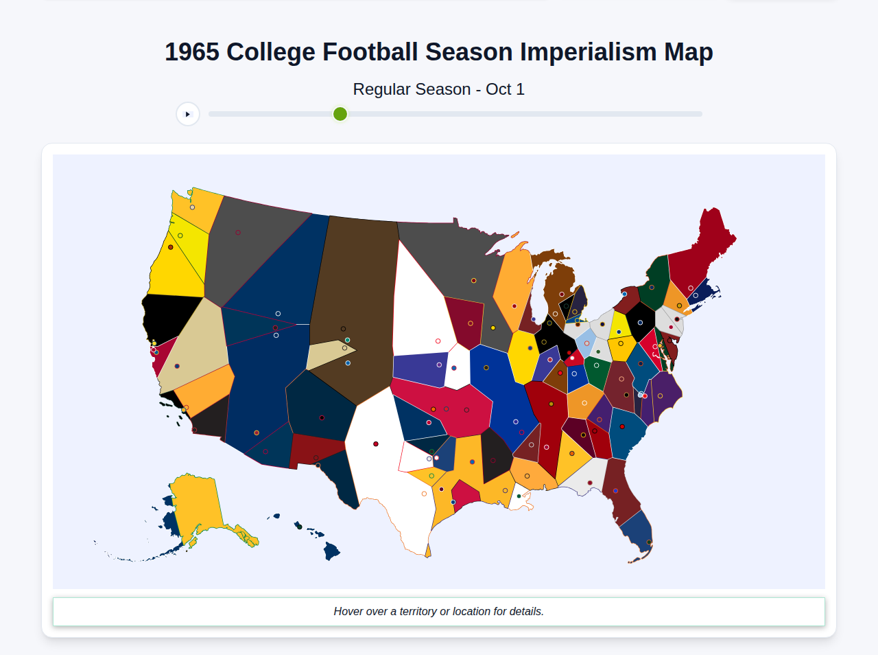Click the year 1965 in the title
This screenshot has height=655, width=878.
[x=192, y=52]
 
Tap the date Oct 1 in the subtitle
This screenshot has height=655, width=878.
[x=505, y=89]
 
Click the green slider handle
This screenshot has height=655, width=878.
[x=340, y=114]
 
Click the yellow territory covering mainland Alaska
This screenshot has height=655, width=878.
[x=195, y=501]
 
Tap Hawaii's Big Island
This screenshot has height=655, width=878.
[x=332, y=551]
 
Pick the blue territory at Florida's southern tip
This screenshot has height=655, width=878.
[x=637, y=532]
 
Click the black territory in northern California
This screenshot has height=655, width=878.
[x=168, y=316]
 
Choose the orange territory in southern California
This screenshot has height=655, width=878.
[x=202, y=391]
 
